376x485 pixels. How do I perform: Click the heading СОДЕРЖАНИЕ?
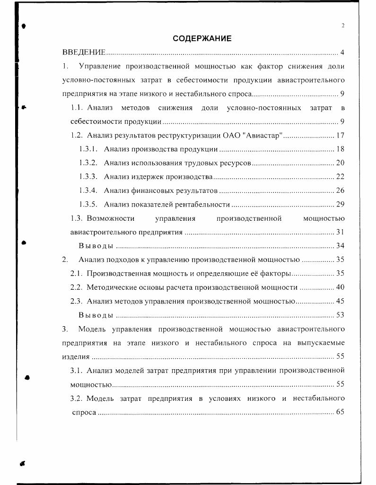[x=202, y=38]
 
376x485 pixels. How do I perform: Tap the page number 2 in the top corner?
[x=342, y=26]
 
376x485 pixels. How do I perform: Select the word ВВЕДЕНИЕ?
[x=84, y=52]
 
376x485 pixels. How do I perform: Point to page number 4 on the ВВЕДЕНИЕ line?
[x=342, y=52]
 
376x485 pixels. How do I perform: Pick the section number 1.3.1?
[x=88, y=149]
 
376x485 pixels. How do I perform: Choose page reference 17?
[x=340, y=135]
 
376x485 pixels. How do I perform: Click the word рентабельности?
[x=206, y=205]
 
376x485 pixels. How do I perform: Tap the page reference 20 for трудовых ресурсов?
[x=340, y=163]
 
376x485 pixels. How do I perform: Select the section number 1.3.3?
[x=88, y=177]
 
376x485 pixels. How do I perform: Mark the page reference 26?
[x=340, y=191]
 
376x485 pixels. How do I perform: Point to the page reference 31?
[x=340, y=232]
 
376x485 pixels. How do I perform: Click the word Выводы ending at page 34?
[x=96, y=246]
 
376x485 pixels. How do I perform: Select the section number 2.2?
[x=77, y=287]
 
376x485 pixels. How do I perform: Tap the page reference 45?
[x=340, y=301]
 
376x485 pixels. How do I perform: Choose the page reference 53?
[x=340, y=315]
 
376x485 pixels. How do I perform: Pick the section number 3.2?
[x=77, y=398]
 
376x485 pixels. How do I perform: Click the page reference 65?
[x=340, y=412]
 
